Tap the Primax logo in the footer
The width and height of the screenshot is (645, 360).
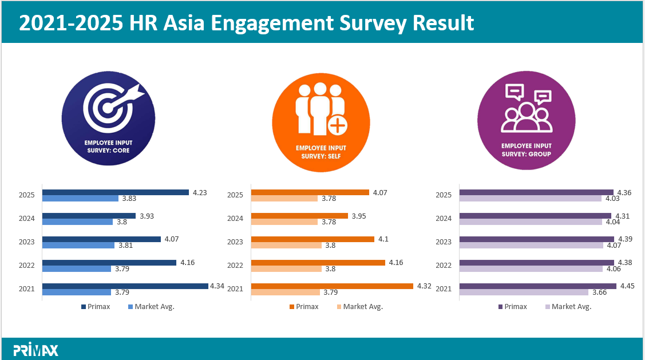coord(35,350)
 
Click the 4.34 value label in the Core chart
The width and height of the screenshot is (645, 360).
coord(217,286)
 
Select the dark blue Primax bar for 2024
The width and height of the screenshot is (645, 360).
coord(89,216)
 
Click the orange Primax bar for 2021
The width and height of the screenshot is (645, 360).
coord(332,286)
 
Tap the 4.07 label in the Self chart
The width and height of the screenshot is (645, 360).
coord(380,192)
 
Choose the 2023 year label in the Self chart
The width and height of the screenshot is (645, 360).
coord(235,242)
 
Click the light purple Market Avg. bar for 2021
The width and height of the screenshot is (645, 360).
coord(524,292)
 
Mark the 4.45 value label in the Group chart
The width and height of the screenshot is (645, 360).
coord(626,286)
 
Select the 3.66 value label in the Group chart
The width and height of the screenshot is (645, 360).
coord(599,292)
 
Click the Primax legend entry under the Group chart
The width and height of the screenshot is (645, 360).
coord(512,307)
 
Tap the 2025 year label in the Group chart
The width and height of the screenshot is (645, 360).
coord(444,195)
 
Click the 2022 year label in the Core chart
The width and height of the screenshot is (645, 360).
coord(27,266)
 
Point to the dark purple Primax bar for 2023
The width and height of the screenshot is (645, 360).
coord(537,239)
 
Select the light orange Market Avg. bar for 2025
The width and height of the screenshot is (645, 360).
coord(284,199)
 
